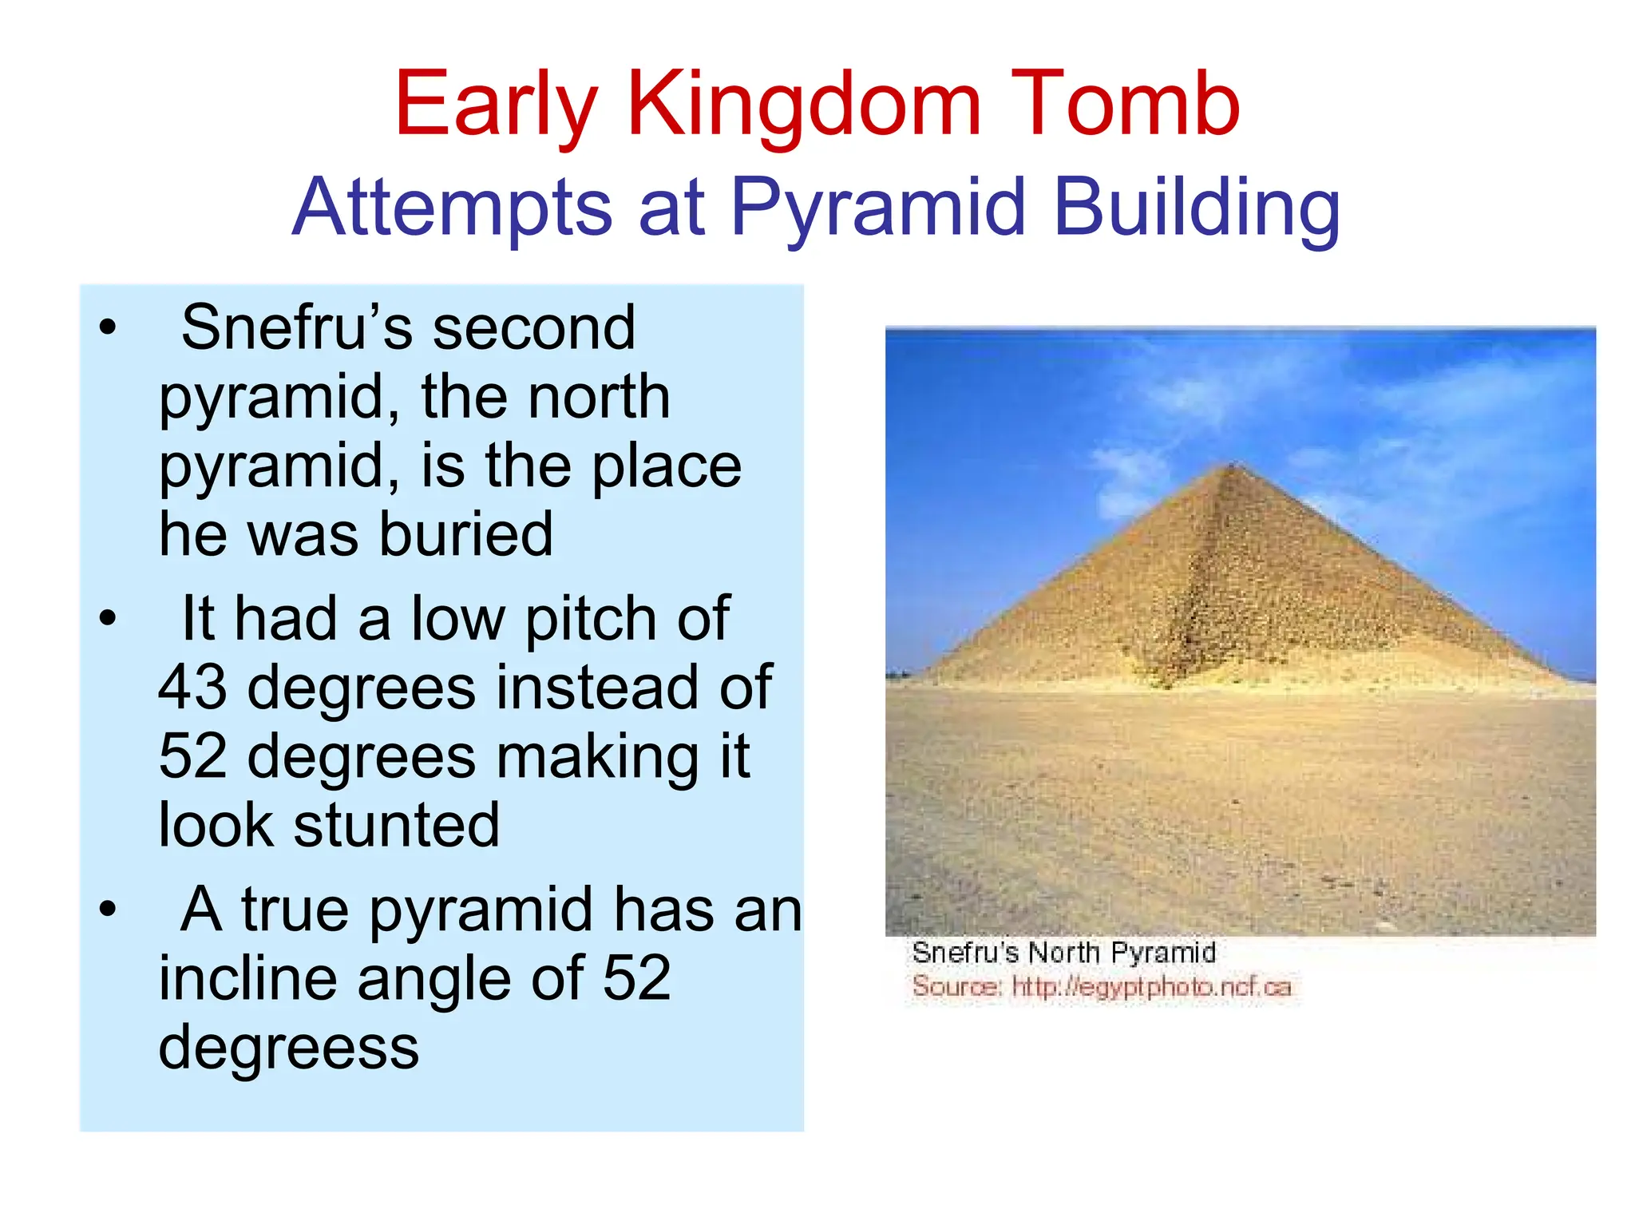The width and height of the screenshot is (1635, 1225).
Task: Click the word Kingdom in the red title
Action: (804, 105)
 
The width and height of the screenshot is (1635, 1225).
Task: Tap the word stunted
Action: (396, 825)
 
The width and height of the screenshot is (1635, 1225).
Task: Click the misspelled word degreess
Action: (288, 1048)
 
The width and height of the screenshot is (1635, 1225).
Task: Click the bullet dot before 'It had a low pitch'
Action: (108, 618)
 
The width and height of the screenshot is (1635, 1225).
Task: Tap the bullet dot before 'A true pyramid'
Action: (108, 909)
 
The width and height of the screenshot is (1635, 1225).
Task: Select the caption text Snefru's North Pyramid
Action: (1063, 953)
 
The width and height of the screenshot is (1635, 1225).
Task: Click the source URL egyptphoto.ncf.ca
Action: (1151, 987)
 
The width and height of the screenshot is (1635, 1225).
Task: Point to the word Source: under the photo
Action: (956, 987)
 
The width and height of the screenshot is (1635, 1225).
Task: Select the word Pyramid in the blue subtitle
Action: (877, 209)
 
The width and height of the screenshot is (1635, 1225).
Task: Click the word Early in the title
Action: (495, 105)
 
